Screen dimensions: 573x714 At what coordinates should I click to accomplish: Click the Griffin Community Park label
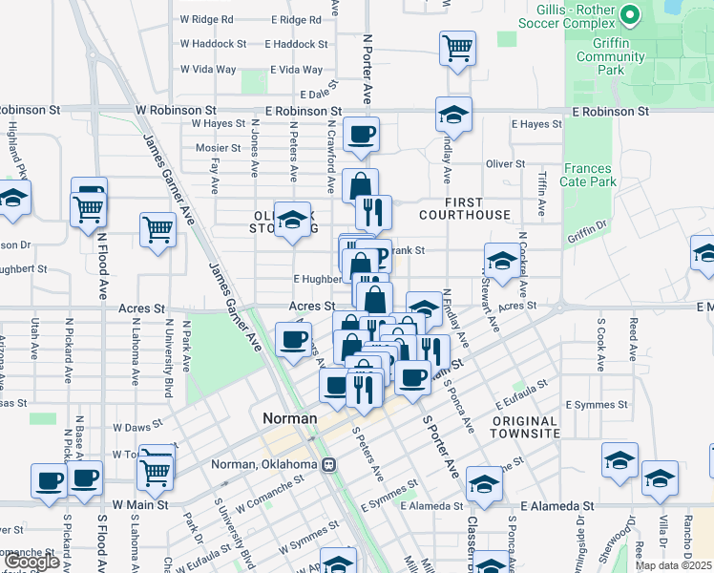click(x=611, y=56)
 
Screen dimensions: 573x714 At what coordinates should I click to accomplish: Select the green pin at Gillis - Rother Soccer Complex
click(x=630, y=15)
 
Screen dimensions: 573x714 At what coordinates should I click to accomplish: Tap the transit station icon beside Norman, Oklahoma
click(x=328, y=464)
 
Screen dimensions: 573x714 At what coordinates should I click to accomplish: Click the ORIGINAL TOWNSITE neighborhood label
click(x=526, y=427)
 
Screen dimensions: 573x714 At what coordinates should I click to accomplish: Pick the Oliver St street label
click(x=505, y=164)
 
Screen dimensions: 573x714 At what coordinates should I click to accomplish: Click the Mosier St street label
click(x=218, y=148)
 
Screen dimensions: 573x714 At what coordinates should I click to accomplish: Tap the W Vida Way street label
click(x=208, y=69)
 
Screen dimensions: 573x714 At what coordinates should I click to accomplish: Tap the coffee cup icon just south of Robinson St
click(x=361, y=135)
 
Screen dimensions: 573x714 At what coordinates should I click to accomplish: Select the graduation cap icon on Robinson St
click(x=453, y=115)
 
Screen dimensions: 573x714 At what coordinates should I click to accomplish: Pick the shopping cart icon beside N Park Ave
click(x=157, y=228)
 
